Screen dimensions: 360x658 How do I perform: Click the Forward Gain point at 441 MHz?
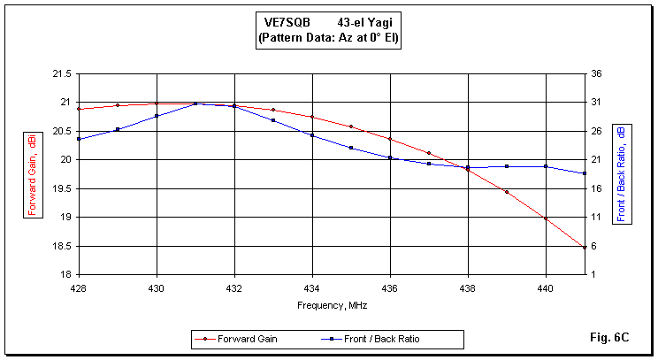pos(585,248)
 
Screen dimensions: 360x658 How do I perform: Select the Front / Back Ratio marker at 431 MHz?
pos(195,103)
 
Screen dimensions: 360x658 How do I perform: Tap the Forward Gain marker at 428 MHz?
pos(79,109)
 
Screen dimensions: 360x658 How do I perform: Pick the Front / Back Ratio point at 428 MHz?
pos(79,139)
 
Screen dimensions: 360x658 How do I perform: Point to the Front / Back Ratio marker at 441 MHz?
pos(585,173)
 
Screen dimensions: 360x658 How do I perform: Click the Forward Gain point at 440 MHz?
pos(546,218)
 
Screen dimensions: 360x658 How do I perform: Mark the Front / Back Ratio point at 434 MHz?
pos(312,135)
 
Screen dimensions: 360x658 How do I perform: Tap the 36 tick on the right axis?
pos(599,73)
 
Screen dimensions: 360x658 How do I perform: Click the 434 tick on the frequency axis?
pos(312,287)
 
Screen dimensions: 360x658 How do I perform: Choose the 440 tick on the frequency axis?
pos(546,287)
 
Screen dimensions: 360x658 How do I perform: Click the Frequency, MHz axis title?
pos(332,305)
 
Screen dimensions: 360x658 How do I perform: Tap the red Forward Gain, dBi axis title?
pos(32,174)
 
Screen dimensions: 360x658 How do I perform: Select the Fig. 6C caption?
pos(608,337)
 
